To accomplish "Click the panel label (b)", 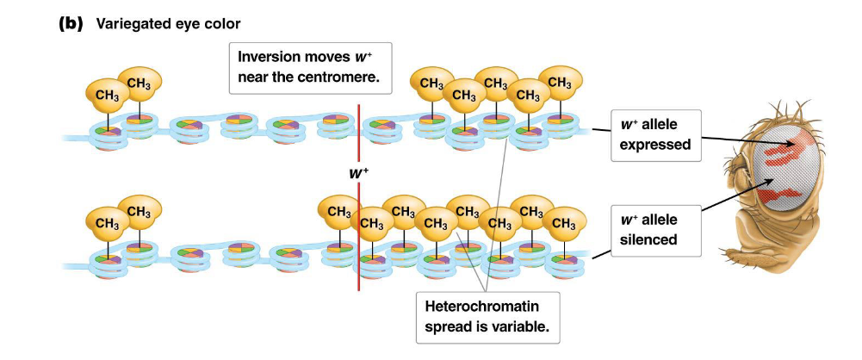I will click(69, 23).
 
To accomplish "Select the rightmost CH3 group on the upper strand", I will click(559, 84).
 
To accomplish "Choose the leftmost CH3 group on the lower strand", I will click(107, 223).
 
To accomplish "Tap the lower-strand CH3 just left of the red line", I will click(338, 210).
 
